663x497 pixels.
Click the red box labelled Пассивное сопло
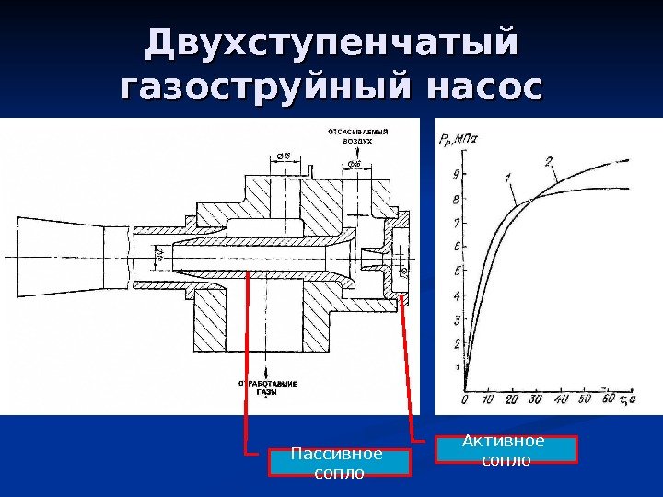(x=338, y=462)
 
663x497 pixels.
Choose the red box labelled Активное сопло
(x=506, y=449)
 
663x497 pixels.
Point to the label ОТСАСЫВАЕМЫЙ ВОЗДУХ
(x=358, y=138)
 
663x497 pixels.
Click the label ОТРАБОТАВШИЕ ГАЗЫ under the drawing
(x=267, y=387)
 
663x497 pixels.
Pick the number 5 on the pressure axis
(x=457, y=272)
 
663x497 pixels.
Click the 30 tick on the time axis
(x=536, y=399)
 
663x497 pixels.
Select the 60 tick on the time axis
(x=608, y=399)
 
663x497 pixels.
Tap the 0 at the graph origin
(x=465, y=399)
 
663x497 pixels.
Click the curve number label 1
(x=507, y=175)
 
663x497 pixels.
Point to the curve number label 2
(x=548, y=163)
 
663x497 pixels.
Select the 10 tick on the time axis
(x=487, y=399)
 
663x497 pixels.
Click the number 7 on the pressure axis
(x=457, y=223)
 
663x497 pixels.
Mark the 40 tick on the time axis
(x=560, y=399)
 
